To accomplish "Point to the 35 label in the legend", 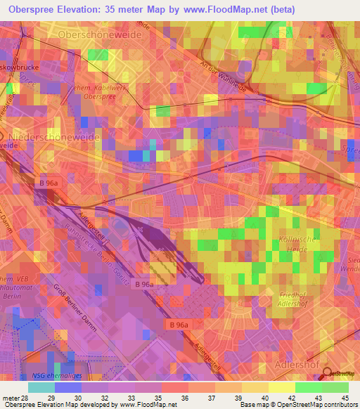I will click(x=148, y=398).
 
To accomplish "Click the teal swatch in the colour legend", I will click(x=41, y=387).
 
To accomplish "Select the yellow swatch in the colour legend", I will click(x=282, y=387).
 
